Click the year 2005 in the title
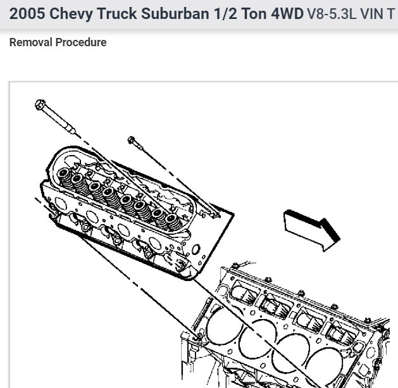(27, 13)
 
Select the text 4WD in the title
(287, 13)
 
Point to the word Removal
(31, 42)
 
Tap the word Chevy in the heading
(71, 14)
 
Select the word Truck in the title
(117, 13)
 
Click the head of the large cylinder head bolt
(40, 104)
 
